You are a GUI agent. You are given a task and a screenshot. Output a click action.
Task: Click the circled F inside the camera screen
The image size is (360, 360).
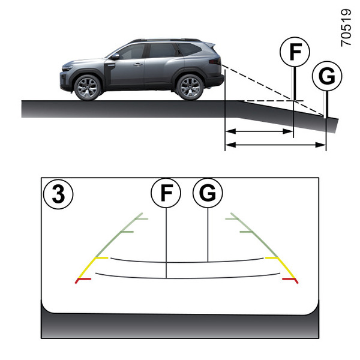pos(166,193)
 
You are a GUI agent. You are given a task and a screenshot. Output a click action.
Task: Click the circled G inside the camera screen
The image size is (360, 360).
pos(208,193)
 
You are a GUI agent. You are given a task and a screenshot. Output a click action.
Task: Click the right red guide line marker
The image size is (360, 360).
pos(290,280)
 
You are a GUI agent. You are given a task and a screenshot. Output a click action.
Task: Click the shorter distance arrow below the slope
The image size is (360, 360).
pos(259,131)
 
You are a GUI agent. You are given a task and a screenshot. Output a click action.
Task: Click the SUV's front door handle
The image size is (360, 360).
pos(139,64)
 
